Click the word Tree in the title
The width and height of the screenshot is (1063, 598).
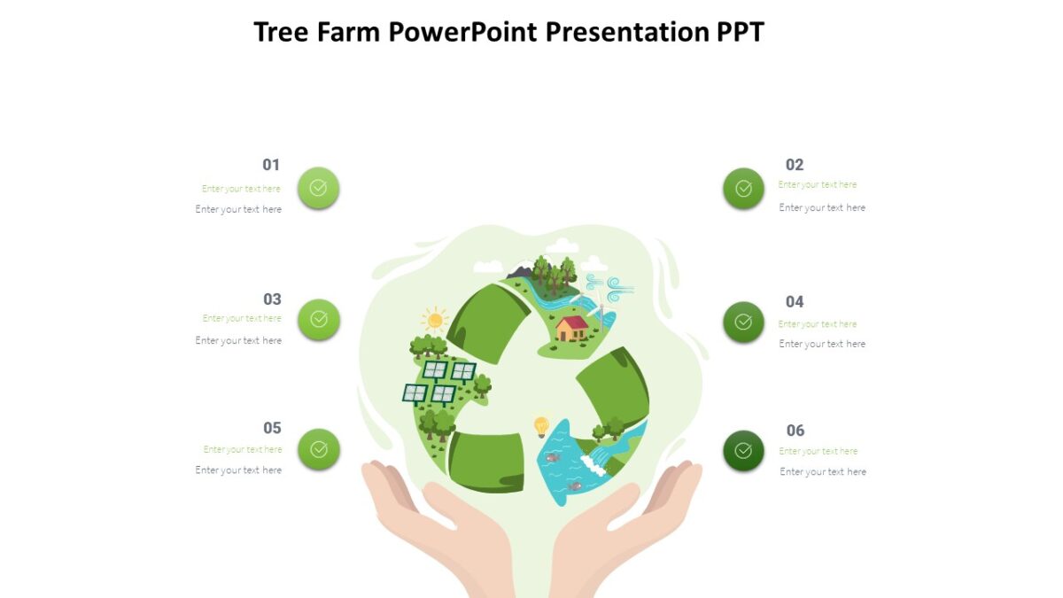[280, 33]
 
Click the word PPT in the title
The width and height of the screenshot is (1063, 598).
[740, 33]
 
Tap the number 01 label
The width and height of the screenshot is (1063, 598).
[271, 165]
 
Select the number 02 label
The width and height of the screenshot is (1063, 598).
[795, 165]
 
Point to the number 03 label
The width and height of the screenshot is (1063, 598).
[272, 299]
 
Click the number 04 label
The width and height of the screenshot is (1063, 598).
[795, 302]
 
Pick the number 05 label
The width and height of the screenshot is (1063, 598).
[272, 429]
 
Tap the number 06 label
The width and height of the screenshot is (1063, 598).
[795, 431]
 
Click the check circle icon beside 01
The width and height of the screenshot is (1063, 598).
[318, 188]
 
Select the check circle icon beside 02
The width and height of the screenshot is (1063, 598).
[743, 189]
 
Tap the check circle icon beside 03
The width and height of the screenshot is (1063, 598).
[319, 320]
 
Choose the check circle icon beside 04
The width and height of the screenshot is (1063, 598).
[743, 322]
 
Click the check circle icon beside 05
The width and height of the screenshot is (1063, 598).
[318, 449]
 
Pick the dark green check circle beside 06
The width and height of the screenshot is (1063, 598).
[743, 451]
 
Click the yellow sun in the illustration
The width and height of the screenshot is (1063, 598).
[435, 320]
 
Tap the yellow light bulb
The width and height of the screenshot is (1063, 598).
[541, 426]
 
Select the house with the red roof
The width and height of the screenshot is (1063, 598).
[572, 328]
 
